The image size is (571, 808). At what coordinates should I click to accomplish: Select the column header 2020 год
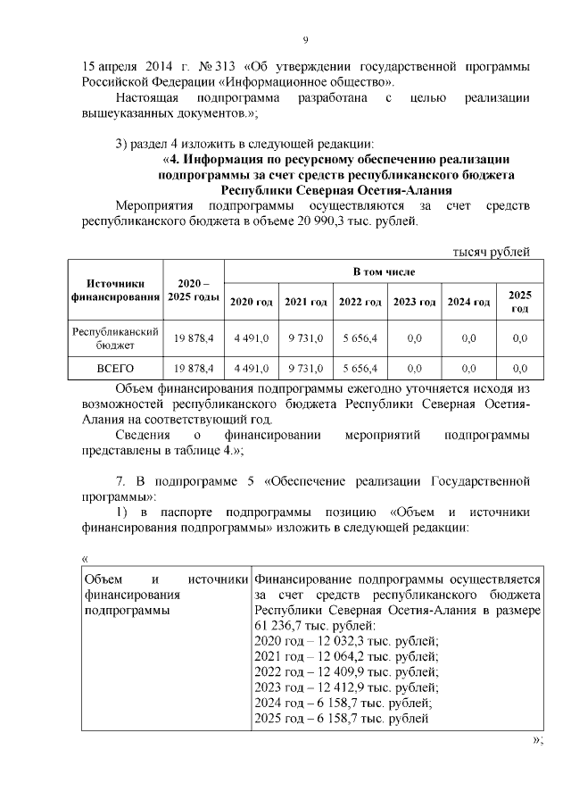tap(251, 303)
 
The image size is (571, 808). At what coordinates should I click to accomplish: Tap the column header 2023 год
tap(414, 303)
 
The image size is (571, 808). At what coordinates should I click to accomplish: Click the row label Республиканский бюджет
tap(115, 337)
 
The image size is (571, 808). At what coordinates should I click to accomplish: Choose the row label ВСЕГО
tap(115, 368)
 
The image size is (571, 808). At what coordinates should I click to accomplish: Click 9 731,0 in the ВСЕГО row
tap(305, 368)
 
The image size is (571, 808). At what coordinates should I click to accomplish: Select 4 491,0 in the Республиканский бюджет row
tap(251, 337)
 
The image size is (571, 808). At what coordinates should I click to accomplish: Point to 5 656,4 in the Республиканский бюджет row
tap(360, 337)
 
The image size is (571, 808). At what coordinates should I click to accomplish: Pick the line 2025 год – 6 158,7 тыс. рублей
tap(341, 718)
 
